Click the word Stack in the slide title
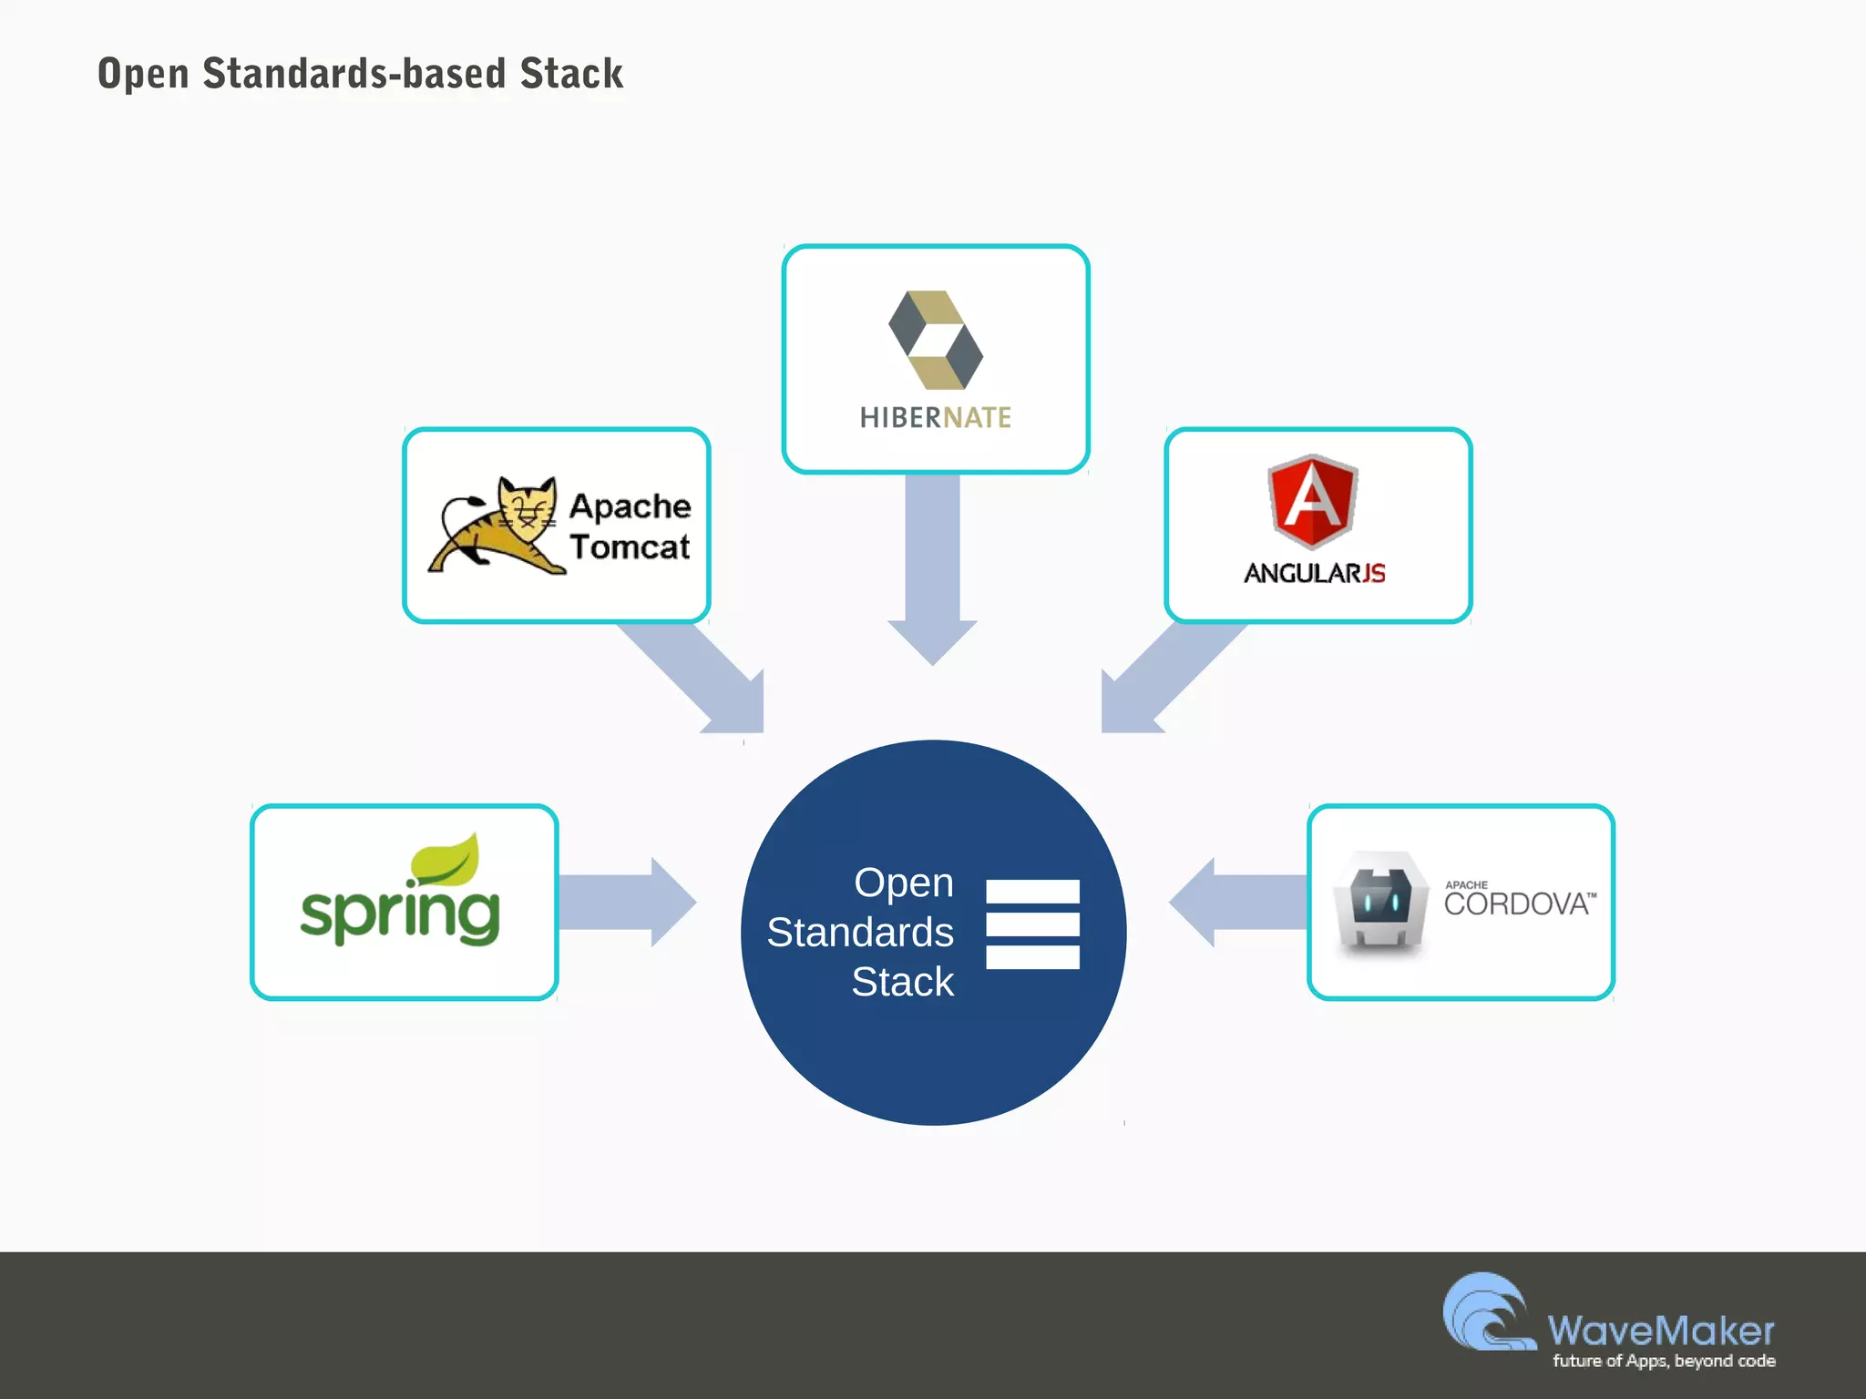coord(571,74)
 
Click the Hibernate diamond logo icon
coord(936,340)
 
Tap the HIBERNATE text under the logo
coord(936,418)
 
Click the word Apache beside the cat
coord(631,505)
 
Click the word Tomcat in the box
coord(631,547)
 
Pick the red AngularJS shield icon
coord(1313,501)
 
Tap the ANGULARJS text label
coord(1315,573)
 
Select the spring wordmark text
coord(400,914)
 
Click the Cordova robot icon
coord(1381,902)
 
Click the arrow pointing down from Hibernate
coord(932,574)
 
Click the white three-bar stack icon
coord(1032,924)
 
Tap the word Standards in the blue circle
coord(860,933)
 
